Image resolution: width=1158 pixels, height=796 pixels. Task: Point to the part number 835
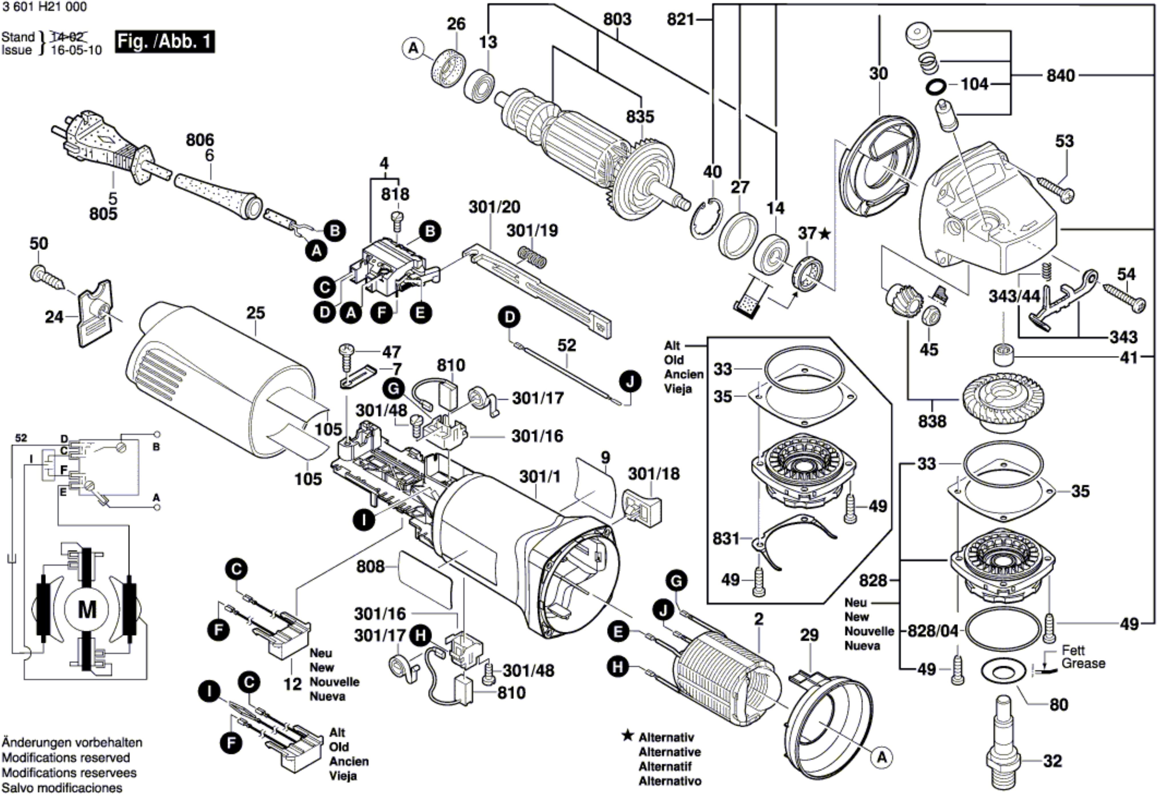640,117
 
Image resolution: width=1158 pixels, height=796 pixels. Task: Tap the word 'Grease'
1083,663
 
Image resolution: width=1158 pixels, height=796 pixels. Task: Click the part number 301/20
494,207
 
